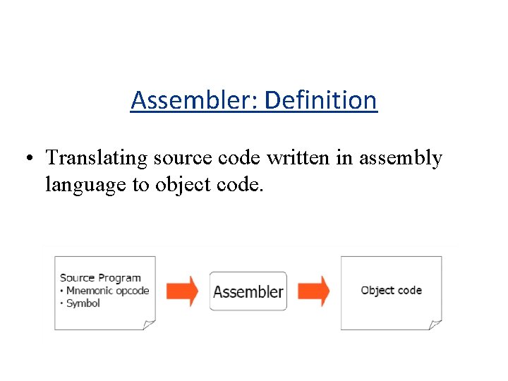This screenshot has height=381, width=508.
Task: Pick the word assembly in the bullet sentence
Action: (400, 159)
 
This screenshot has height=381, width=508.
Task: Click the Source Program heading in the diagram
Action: (100, 278)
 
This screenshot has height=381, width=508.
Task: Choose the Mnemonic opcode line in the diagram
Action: (107, 291)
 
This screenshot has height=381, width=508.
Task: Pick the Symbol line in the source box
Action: (83, 303)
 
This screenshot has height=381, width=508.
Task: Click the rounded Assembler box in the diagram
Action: (248, 291)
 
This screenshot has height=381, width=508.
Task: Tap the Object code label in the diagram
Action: (391, 290)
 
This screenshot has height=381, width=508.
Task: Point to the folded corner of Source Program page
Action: (149, 324)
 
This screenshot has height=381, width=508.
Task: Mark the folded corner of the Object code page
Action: (435, 324)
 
